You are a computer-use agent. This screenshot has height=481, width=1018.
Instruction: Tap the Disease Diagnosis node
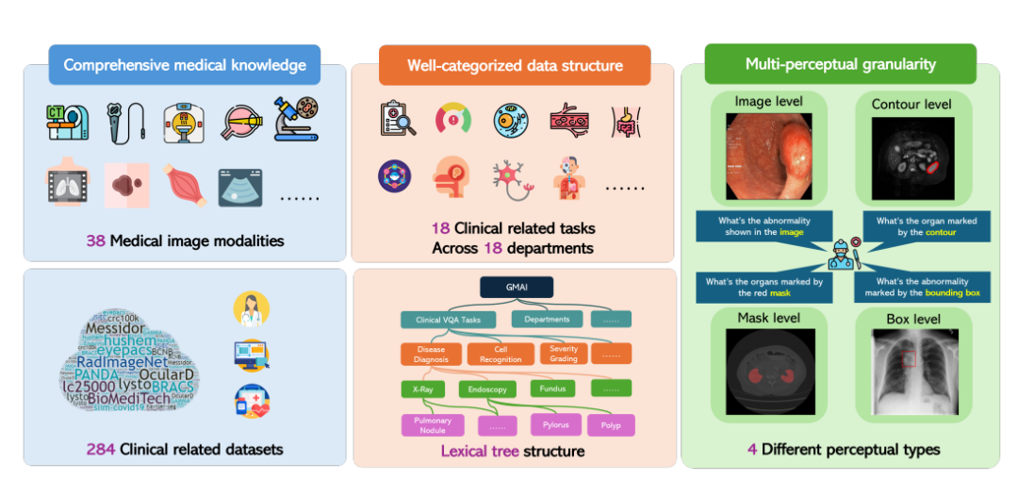coord(431,354)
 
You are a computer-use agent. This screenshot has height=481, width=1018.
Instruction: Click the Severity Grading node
coord(563,354)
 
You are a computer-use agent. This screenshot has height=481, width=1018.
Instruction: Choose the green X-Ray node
coord(423,389)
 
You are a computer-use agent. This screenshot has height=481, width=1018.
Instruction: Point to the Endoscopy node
coord(487,389)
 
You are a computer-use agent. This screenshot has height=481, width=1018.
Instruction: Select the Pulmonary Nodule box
coord(433,425)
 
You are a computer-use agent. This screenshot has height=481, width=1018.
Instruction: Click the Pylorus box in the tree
coord(555,424)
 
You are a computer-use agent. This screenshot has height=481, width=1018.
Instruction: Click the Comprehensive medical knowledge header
coord(184,65)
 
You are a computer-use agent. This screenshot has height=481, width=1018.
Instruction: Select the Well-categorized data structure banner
coord(515,65)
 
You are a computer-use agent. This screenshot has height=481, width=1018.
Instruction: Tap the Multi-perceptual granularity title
coord(840,64)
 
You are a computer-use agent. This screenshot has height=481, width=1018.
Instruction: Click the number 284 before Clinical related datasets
coord(100,449)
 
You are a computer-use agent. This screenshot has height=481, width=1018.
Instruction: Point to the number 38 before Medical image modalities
coord(95,240)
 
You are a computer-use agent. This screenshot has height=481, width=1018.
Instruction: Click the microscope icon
coord(296,120)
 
